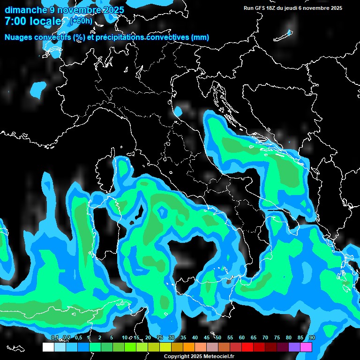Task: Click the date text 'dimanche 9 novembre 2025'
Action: click(64, 10)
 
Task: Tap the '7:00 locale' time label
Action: click(33, 21)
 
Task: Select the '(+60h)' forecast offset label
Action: click(81, 21)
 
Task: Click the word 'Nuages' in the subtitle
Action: click(19, 37)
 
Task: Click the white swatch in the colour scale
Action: click(48, 347)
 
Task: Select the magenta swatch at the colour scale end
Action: click(306, 347)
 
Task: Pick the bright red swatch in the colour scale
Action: click(247, 347)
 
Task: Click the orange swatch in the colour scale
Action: click(188, 347)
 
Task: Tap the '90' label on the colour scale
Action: click(312, 338)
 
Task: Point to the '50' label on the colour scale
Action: click(218, 338)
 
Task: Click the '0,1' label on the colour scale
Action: click(54, 338)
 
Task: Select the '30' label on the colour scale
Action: click(172, 338)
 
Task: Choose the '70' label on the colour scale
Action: click(265, 338)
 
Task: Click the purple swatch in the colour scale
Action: click(294, 347)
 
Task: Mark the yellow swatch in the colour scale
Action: click(165, 347)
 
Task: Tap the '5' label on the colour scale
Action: click(112, 338)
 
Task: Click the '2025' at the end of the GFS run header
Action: click(336, 8)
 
